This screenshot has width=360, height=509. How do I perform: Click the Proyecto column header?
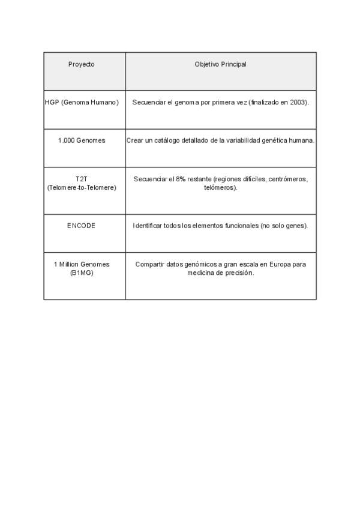pos(82,64)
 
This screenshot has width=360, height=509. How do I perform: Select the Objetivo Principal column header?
pos(220,64)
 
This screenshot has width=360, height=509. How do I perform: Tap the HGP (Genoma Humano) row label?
pos(82,103)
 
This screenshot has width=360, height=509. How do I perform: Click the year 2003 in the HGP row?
pos(298,103)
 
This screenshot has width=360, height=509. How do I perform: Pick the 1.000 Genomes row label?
pos(82,140)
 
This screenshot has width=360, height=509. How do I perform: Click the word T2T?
pos(82,179)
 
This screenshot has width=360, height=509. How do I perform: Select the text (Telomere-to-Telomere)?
pos(82,187)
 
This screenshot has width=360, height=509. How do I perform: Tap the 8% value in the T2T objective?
pos(181,179)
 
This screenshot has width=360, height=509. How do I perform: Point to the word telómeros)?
pos(220,187)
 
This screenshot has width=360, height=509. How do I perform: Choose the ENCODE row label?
pos(82,226)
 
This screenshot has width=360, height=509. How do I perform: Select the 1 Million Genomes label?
pos(82,264)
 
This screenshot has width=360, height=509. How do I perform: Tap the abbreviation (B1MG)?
pos(82,273)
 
